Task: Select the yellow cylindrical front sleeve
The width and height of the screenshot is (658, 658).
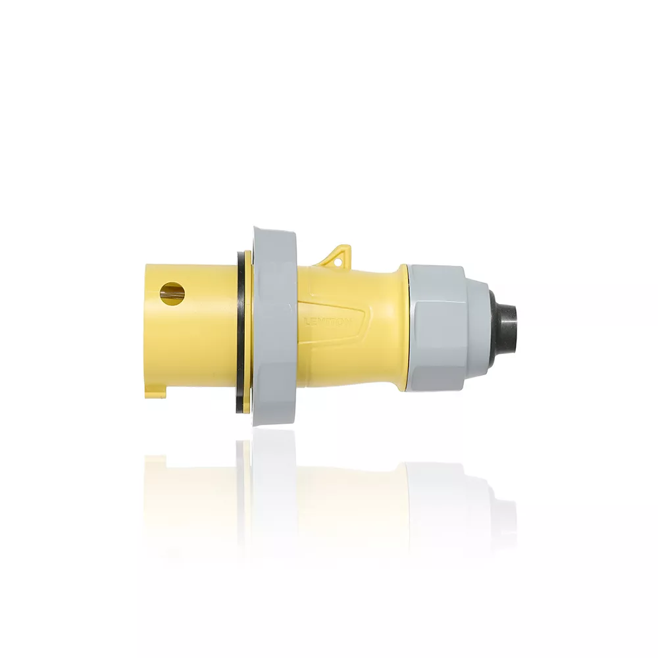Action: (x=191, y=336)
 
